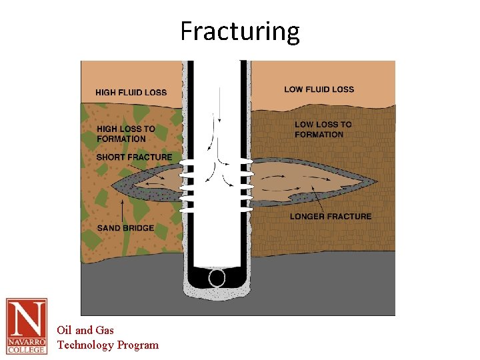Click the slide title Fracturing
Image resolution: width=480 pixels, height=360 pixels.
click(x=240, y=31)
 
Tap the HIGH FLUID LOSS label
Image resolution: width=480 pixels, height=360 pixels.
click(x=131, y=93)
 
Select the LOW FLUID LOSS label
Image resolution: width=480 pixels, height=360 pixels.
click(x=319, y=89)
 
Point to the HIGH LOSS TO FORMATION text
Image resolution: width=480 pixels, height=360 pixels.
click(x=126, y=134)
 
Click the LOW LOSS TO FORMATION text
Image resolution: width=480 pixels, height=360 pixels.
click(x=323, y=129)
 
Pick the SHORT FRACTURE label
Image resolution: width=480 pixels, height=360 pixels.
click(x=134, y=157)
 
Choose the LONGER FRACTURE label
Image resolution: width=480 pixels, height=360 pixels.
click(x=331, y=216)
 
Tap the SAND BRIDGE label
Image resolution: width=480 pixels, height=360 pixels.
click(x=125, y=228)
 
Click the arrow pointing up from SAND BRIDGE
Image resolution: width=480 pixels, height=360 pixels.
click(x=122, y=210)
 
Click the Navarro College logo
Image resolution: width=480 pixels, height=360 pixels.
click(x=27, y=325)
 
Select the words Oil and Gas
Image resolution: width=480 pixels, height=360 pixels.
click(x=85, y=330)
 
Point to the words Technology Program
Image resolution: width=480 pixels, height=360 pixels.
click(x=108, y=345)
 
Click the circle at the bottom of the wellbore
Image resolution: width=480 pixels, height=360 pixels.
click(x=217, y=277)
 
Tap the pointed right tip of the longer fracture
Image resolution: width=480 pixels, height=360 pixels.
click(x=375, y=181)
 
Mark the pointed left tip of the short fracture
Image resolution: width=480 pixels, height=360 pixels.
click(x=114, y=183)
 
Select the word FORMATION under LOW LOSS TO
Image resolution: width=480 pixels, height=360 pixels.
click(x=319, y=135)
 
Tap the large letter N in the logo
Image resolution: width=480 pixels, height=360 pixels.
click(x=27, y=318)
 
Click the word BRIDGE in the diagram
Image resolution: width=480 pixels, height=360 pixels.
click(x=139, y=228)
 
